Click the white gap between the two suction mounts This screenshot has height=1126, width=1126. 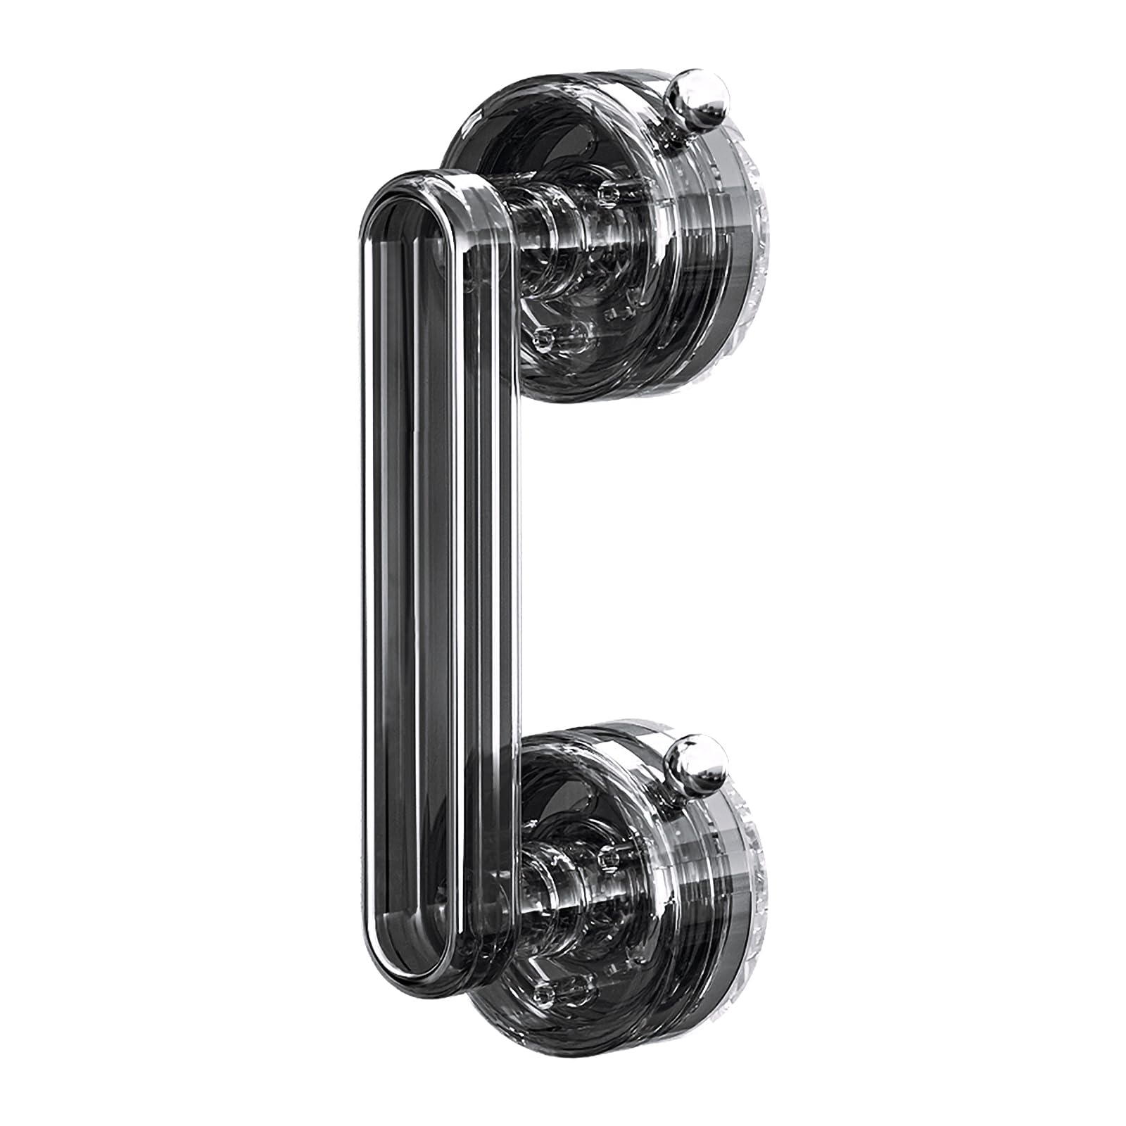(633, 563)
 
